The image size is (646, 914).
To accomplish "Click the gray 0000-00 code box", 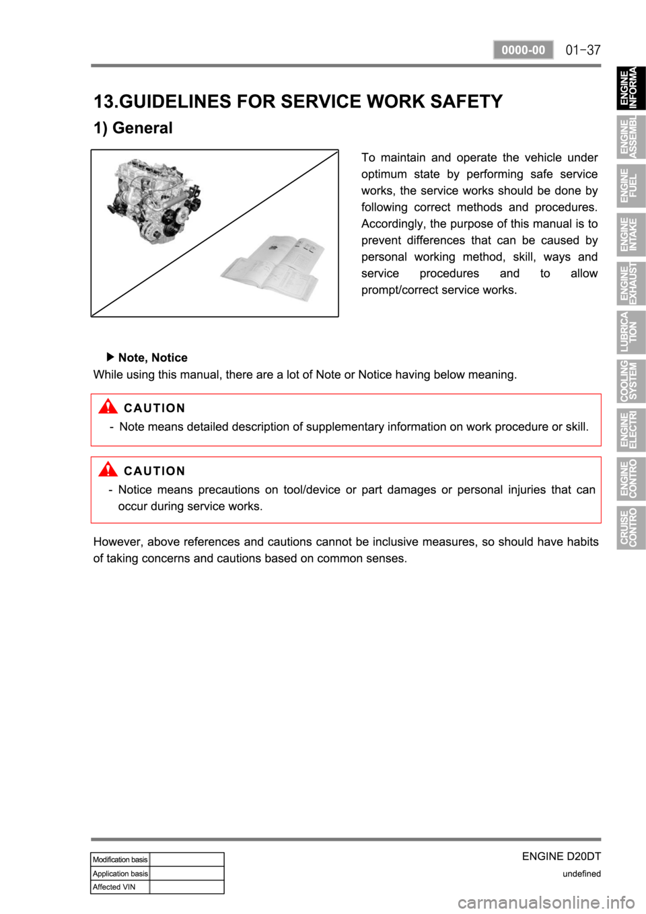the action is (523, 50).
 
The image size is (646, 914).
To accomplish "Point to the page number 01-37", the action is (583, 50).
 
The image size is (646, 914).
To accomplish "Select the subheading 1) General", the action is (133, 128).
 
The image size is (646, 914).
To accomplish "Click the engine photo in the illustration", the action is (153, 201).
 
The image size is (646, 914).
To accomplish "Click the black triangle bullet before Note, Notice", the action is (110, 357).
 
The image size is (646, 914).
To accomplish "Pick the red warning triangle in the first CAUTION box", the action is (108, 407).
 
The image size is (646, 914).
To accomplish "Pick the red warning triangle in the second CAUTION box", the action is (108, 469).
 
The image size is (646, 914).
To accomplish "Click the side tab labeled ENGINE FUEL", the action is (631, 185).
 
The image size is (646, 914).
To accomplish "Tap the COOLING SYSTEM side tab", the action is (631, 381).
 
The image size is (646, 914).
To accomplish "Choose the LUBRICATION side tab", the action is (631, 332).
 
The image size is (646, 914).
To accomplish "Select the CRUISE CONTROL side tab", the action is (631, 527).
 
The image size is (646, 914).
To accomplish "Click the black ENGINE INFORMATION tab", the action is (631, 87).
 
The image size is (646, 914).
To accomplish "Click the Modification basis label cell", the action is (120, 859).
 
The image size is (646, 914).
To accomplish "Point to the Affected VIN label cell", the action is (120, 886).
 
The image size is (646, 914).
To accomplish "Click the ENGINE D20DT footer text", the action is (561, 856).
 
